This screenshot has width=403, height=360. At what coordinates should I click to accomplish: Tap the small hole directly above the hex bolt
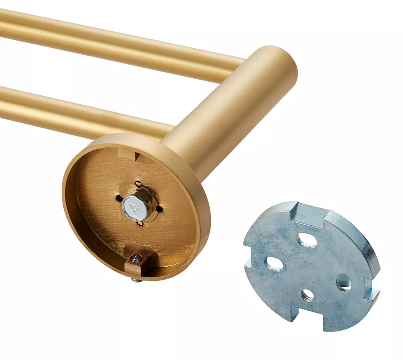tap(138, 184)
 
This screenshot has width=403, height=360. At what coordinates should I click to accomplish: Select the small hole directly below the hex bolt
tap(140, 224)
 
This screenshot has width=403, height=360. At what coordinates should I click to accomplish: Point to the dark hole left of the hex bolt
tap(118, 199)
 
